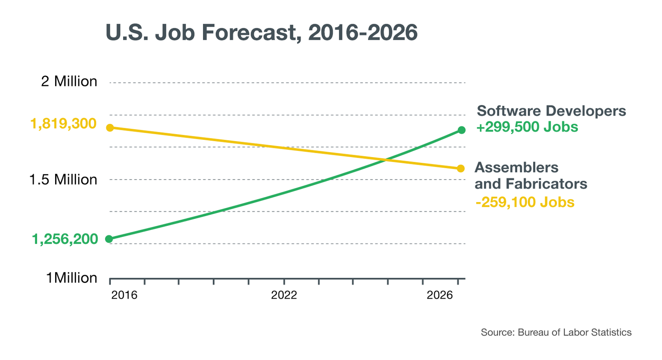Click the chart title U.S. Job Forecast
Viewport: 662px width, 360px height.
pos(261,33)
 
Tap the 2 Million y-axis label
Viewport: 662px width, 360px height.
pos(69,82)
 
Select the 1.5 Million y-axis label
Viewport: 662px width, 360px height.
pos(63,180)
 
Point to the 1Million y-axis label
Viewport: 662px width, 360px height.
pos(71,278)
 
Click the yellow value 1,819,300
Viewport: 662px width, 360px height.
pos(63,124)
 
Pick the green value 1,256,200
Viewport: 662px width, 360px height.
pos(65,239)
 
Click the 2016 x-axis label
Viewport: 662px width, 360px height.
pos(124,295)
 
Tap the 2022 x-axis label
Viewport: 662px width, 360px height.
pos(284,295)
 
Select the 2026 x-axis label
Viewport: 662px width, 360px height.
pos(440,295)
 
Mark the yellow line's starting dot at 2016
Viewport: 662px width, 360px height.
pos(110,128)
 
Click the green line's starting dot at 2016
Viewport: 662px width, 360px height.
pos(109,239)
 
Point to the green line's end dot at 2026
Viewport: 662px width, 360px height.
pos(462,130)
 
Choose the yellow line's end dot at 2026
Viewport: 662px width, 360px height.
pos(461,169)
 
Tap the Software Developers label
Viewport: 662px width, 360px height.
pos(551,111)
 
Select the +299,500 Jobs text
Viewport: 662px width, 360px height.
pos(527,127)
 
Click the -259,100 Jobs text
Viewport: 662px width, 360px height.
pos(525,202)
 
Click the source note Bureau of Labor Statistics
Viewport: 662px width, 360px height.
pos(574,332)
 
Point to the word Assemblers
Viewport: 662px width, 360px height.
pos(516,168)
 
